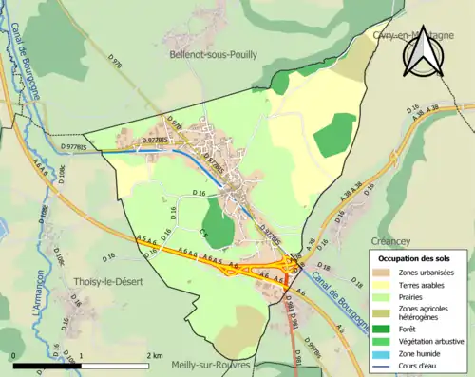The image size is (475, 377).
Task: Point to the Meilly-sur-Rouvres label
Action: (211, 365)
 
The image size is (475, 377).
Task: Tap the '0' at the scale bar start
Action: (14, 355)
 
